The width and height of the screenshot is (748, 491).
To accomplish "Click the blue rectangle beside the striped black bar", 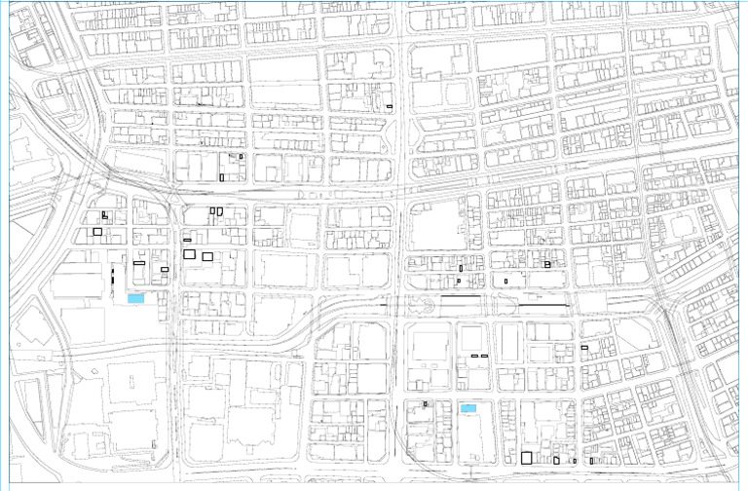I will (x=135, y=299).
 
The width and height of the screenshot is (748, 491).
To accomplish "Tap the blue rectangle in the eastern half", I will (x=468, y=408).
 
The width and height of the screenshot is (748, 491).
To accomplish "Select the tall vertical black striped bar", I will (x=113, y=275).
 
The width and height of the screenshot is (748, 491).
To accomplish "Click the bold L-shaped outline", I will (x=104, y=214).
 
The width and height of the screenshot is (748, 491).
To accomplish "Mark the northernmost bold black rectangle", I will (x=390, y=106).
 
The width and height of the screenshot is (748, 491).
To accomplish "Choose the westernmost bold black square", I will (x=97, y=232).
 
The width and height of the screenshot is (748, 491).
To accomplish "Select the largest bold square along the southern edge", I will (x=526, y=458).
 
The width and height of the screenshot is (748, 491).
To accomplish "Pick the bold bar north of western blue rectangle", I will (x=139, y=263).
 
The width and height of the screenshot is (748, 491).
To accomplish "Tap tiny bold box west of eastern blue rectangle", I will (x=426, y=403).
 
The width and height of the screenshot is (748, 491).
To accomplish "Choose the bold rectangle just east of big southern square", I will (x=556, y=460).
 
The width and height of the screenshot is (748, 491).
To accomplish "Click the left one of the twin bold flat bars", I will (x=473, y=357).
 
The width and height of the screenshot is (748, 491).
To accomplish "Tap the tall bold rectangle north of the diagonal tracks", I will (x=222, y=177).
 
